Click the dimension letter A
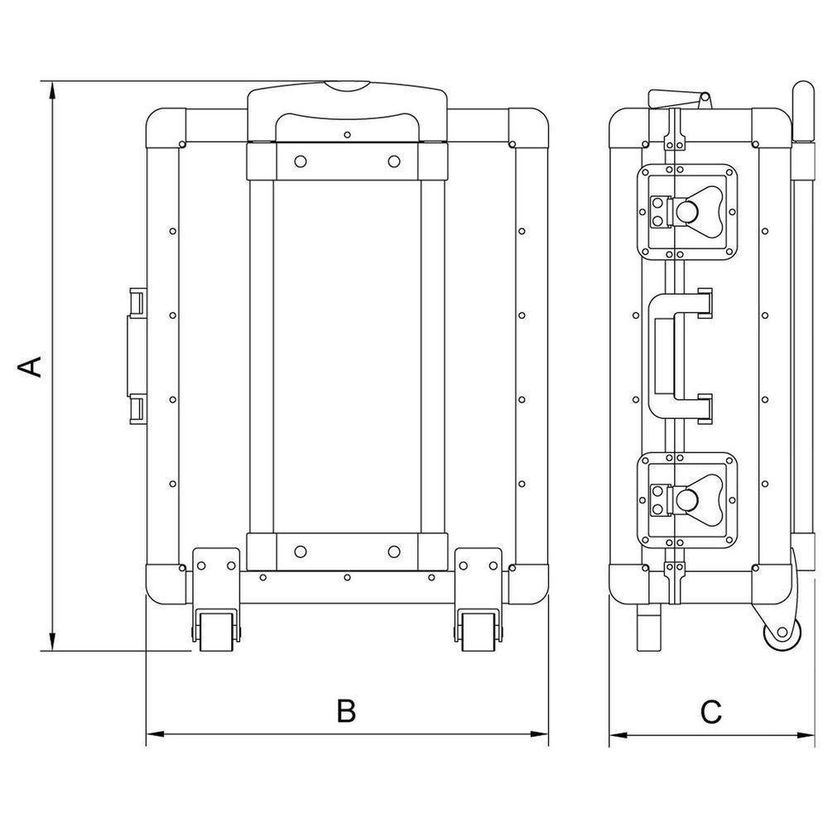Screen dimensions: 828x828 pos(31,367)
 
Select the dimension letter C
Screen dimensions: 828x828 pos(710,712)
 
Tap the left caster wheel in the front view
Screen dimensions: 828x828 pos(216,632)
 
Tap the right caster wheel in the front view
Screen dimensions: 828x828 pos(479,632)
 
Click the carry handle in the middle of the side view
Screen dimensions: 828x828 pos(679,357)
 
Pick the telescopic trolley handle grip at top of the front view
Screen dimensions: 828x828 pos(348,112)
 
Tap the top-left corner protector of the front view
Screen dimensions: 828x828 pos(166,128)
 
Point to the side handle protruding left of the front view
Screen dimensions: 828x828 pos(137,356)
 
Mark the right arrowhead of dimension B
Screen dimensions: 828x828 pos(539,734)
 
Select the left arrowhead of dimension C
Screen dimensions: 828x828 pos(619,734)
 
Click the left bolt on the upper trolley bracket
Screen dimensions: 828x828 pos(301,161)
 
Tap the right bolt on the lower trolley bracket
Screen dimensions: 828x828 pos(394,551)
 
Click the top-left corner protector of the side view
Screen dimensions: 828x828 pos(628,128)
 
